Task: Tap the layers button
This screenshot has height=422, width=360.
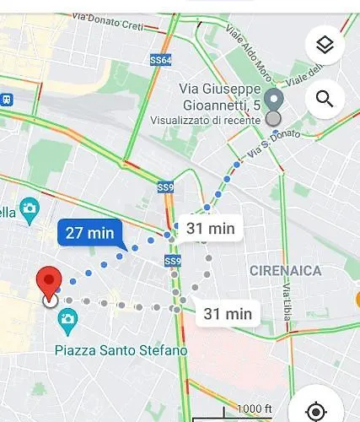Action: pos(325,46)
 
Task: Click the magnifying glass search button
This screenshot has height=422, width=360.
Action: pos(325,100)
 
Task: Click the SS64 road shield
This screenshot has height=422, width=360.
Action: pos(160,61)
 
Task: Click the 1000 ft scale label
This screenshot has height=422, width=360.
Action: pos(255,408)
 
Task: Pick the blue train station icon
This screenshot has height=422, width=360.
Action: pos(5,99)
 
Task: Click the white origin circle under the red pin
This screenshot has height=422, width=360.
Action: pos(50,300)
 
